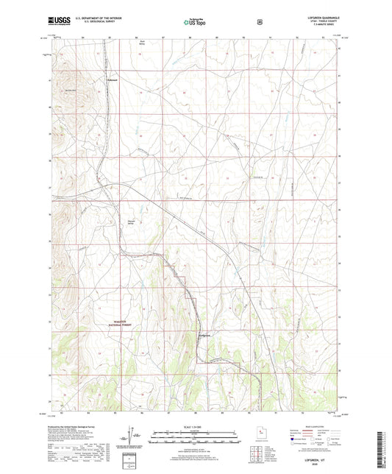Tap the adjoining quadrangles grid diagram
click(256, 451)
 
